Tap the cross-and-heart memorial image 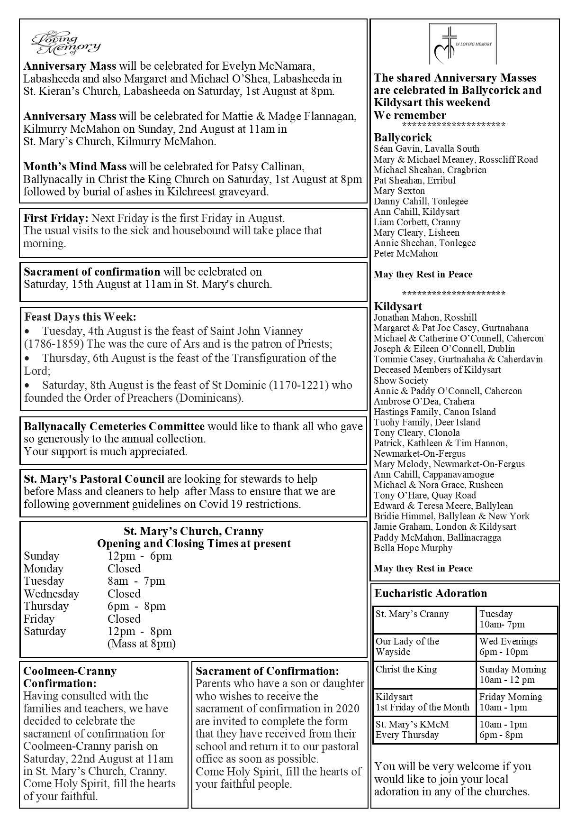pos(462,44)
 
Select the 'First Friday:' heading pos(56,219)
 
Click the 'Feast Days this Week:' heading pos(80,317)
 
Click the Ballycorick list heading pos(403,138)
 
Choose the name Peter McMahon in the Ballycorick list pos(405,253)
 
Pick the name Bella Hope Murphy pos(413,548)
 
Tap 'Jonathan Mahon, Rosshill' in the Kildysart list pos(425,317)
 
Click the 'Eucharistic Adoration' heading pos(431,593)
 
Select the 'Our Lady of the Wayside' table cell pos(407,646)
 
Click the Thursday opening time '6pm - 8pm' pos(136,606)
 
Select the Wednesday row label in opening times pos(52,594)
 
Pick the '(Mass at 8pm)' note pos(142,644)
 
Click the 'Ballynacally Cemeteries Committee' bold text pos(114,426)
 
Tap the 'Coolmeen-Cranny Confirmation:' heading pos(70,677)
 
